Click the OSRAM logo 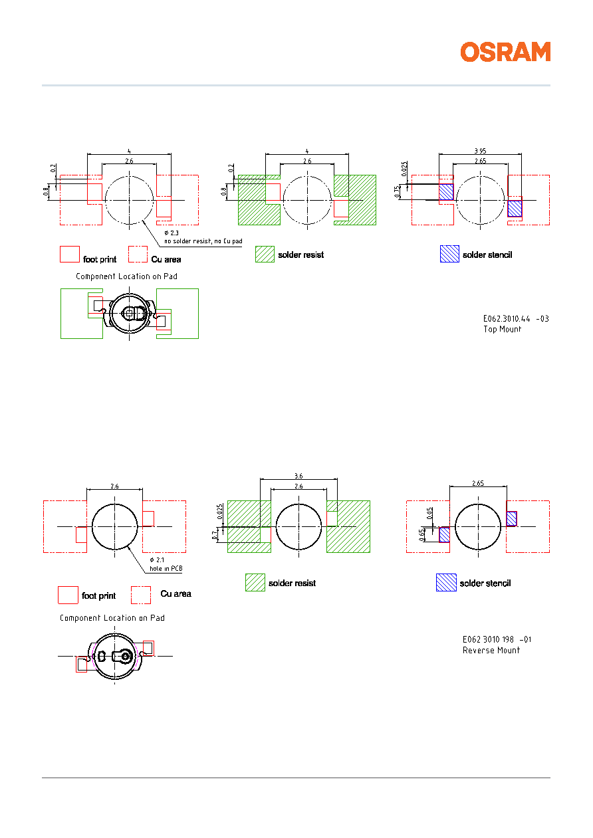[x=505, y=52]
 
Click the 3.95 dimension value [x=480, y=151]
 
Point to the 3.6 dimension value [x=298, y=476]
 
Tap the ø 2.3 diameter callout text [x=172, y=233]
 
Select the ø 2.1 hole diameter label [x=157, y=560]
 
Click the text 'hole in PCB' [x=166, y=569]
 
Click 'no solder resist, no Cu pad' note [x=203, y=241]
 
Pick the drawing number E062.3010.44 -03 [x=516, y=319]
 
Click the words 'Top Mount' [x=502, y=329]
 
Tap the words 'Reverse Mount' [x=491, y=650]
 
